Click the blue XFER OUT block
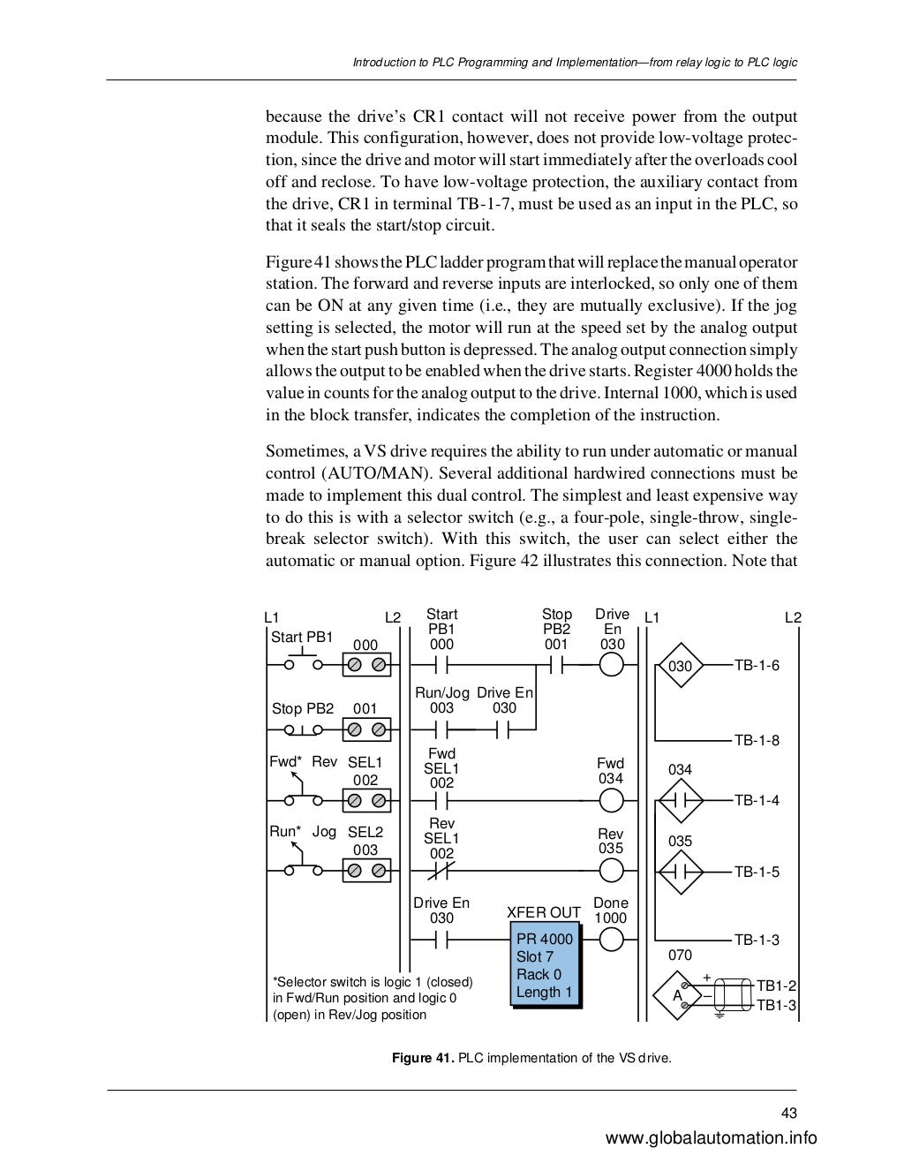point(545,969)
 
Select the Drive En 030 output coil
point(611,666)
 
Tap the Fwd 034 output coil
point(611,800)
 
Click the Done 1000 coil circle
point(611,940)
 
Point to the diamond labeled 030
point(680,667)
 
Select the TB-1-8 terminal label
point(757,740)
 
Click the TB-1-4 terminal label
point(757,800)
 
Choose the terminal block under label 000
point(366,667)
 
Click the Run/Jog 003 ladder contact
point(441,729)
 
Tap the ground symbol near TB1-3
point(719,1013)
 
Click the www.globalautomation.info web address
point(712,1138)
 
